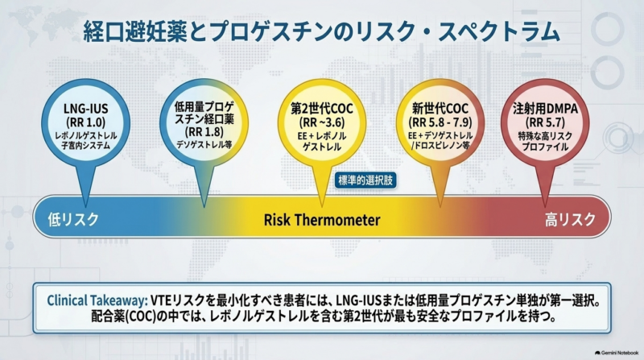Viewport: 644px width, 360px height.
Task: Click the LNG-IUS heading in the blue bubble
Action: pos(86,109)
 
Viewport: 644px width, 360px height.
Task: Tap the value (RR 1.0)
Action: pos(86,122)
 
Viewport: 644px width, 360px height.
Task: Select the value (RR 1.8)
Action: pos(204,132)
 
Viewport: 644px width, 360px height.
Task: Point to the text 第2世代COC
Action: pos(322,109)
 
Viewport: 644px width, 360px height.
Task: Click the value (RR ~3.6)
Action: pos(322,122)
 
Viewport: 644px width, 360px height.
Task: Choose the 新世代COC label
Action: pos(440,109)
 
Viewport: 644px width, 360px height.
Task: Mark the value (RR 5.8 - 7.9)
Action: pos(440,122)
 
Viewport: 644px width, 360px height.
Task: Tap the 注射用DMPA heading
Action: pos(546,109)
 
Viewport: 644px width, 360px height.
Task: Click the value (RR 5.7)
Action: pos(546,122)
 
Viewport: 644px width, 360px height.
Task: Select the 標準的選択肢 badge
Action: pos(365,180)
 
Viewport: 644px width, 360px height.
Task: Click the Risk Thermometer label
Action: pos(322,220)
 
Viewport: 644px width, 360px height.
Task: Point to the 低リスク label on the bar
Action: pos(73,219)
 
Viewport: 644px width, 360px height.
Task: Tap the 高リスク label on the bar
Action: pos(570,219)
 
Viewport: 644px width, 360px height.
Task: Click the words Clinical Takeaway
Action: pos(97,300)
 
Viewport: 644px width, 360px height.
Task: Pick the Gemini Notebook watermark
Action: pos(617,353)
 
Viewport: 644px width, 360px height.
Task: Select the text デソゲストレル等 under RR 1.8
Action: pos(204,145)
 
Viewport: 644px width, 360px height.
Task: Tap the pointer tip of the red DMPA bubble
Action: pos(545,206)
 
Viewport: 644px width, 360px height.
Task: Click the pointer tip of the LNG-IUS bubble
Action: pos(85,206)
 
